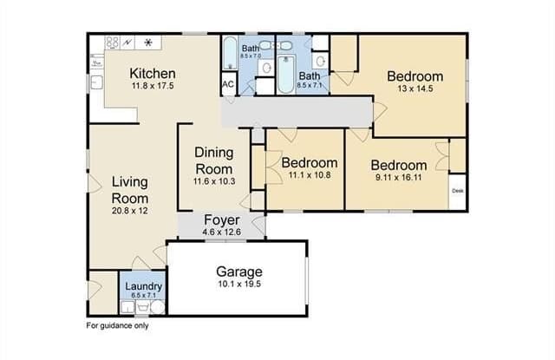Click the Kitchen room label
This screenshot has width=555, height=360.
153,73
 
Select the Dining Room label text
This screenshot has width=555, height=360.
213,160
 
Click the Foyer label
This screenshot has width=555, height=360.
221,220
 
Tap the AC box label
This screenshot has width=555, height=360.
228,84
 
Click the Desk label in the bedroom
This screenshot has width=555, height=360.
456,189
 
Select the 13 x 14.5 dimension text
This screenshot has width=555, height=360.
415,89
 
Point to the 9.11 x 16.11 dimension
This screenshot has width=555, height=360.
398,179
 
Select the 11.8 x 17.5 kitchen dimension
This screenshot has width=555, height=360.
153,87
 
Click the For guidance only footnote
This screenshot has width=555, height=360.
117,327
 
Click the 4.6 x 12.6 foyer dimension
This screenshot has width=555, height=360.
221,232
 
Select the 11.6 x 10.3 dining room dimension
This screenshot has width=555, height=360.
213,181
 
